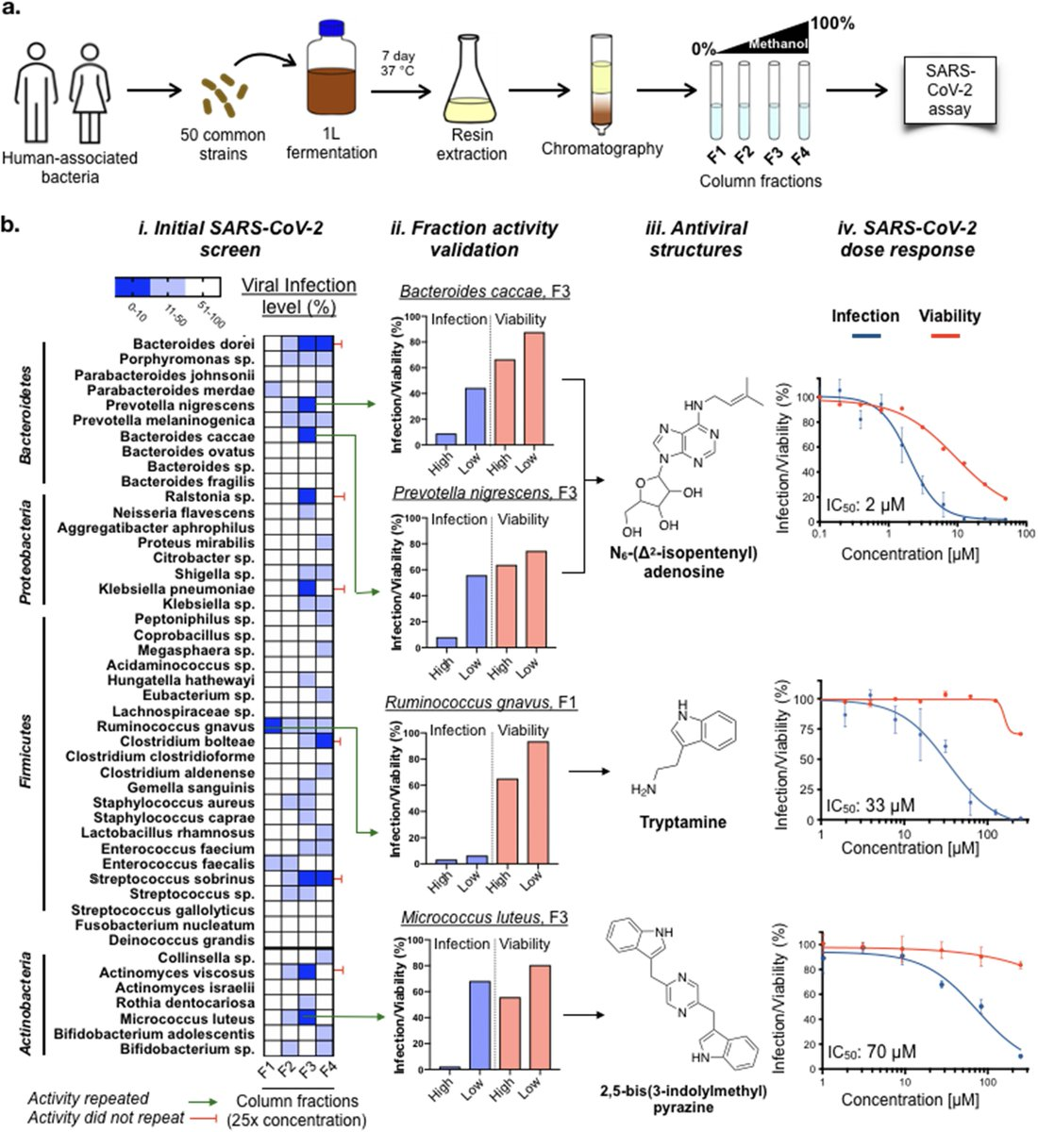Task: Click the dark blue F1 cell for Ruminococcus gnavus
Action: (x=273, y=725)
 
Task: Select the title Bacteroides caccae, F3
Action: (x=484, y=291)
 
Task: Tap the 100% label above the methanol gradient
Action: (x=831, y=23)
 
